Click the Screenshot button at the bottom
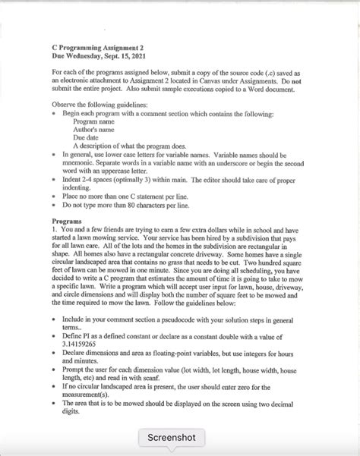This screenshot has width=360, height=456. click(172, 437)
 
